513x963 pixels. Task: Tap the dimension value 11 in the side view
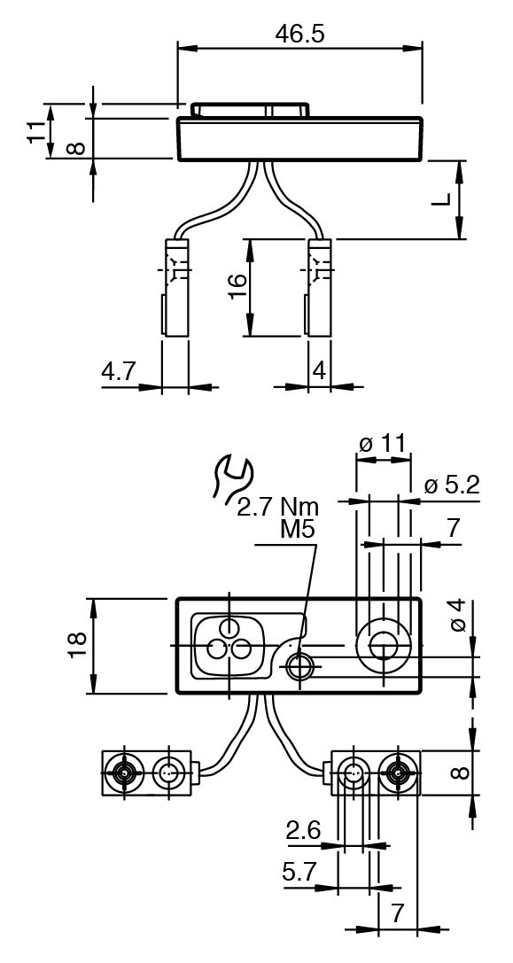[x=37, y=131]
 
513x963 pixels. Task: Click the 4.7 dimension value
[x=119, y=372]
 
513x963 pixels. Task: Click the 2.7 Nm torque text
[x=278, y=508]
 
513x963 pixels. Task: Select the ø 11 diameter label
[x=384, y=443]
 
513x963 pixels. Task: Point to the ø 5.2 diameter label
[x=452, y=485]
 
